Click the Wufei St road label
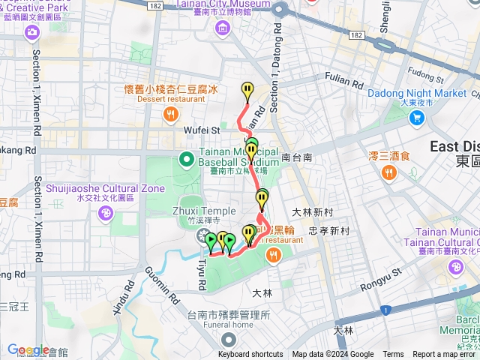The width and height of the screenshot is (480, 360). [201, 130]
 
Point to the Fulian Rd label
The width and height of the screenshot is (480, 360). [344, 81]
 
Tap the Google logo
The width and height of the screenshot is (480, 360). [28, 349]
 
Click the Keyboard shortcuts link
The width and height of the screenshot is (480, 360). [250, 355]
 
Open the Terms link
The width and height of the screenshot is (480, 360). [393, 355]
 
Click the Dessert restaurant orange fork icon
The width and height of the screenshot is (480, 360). [171, 114]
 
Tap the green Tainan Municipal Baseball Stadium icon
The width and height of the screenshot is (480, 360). [186, 158]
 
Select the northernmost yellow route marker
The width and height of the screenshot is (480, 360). [247, 91]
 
